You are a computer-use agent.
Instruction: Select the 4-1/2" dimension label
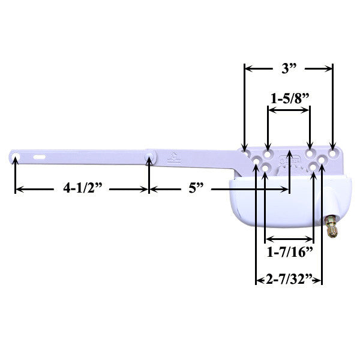coord(82,188)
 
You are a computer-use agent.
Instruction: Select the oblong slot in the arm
coord(40,156)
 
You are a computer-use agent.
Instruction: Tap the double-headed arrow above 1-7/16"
coord(289,239)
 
